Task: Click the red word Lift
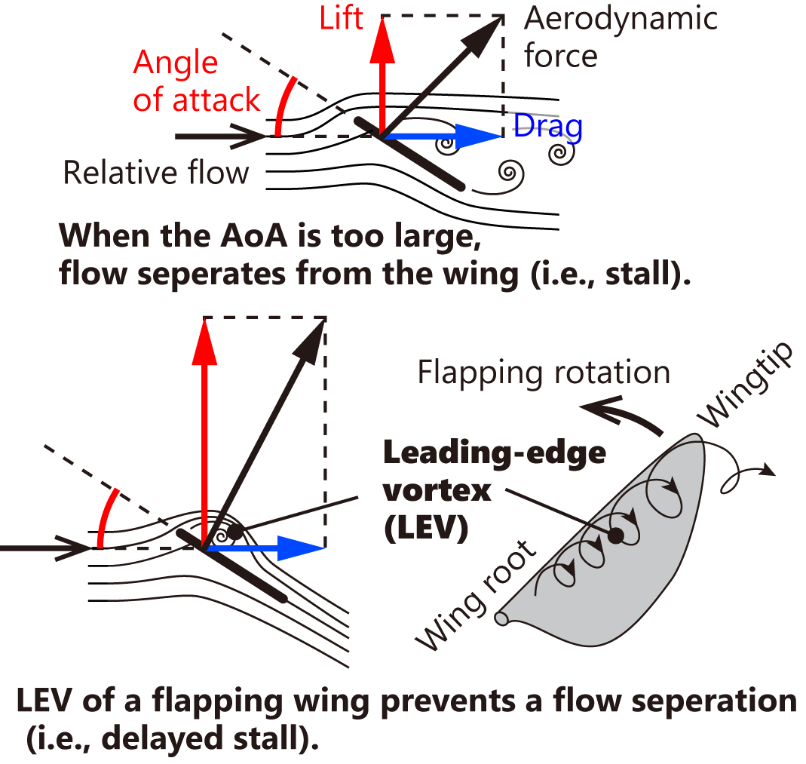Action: [x=341, y=19]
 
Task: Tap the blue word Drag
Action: [x=548, y=126]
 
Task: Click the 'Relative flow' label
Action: [x=156, y=173]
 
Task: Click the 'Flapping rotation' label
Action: [x=543, y=372]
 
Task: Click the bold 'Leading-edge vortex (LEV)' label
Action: [x=494, y=490]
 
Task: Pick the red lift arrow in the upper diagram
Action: [x=382, y=75]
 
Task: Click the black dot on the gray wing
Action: [x=616, y=535]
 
